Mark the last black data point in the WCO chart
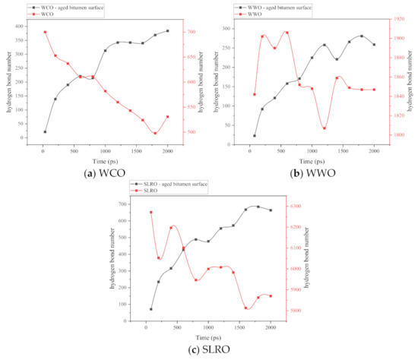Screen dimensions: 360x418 [x=167, y=31]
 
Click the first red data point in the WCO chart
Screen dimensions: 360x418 [x=45, y=32]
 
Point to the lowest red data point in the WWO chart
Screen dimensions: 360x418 [x=325, y=128]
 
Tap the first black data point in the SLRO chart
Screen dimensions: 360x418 [x=150, y=309]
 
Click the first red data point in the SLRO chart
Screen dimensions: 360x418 [x=150, y=212]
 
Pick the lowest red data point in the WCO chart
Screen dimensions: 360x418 [x=155, y=133]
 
